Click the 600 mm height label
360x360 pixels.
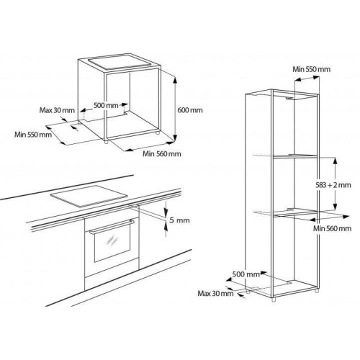click(190, 110)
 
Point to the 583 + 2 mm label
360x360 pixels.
click(333, 185)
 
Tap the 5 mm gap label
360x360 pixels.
click(179, 220)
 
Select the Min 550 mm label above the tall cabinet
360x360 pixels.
click(311, 69)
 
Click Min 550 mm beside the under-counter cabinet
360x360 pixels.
click(33, 134)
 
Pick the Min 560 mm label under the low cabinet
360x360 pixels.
click(162, 153)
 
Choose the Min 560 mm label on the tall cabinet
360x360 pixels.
click(332, 228)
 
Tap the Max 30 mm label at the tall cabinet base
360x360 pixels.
click(215, 293)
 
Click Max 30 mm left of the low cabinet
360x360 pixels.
click(57, 110)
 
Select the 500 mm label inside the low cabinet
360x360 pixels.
click(106, 105)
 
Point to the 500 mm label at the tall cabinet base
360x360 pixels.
click(246, 274)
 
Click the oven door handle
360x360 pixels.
click(112, 226)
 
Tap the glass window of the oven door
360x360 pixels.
click(112, 244)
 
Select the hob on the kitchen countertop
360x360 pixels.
click(89, 196)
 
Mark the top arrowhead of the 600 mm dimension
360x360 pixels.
click(175, 80)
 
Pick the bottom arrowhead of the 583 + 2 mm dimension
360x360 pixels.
click(335, 207)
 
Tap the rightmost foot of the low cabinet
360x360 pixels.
click(157, 132)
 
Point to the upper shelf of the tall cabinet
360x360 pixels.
click(295, 156)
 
